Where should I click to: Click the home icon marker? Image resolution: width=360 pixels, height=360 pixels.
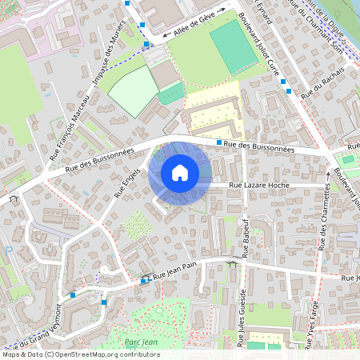(x=180, y=172)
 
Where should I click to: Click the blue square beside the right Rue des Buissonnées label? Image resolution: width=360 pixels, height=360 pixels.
(x=219, y=142)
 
